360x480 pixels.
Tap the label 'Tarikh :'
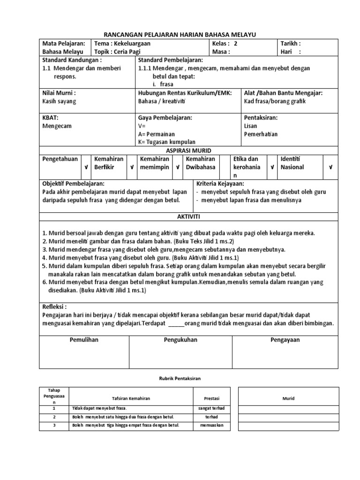290,43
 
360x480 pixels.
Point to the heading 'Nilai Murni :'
59,93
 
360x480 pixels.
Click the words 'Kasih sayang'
59,101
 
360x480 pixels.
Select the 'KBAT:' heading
50,118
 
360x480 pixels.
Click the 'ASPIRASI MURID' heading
189,150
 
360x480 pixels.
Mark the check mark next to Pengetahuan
85,167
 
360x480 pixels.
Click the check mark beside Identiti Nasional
330,167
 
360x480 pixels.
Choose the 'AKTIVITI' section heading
188,216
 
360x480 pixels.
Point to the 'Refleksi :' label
58,307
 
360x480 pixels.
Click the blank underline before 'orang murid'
176,323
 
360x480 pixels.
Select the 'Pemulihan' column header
84,340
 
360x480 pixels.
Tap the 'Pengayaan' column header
285,340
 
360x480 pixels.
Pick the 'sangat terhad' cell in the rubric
209,408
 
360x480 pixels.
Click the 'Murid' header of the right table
288,398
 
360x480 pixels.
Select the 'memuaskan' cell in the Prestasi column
209,426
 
